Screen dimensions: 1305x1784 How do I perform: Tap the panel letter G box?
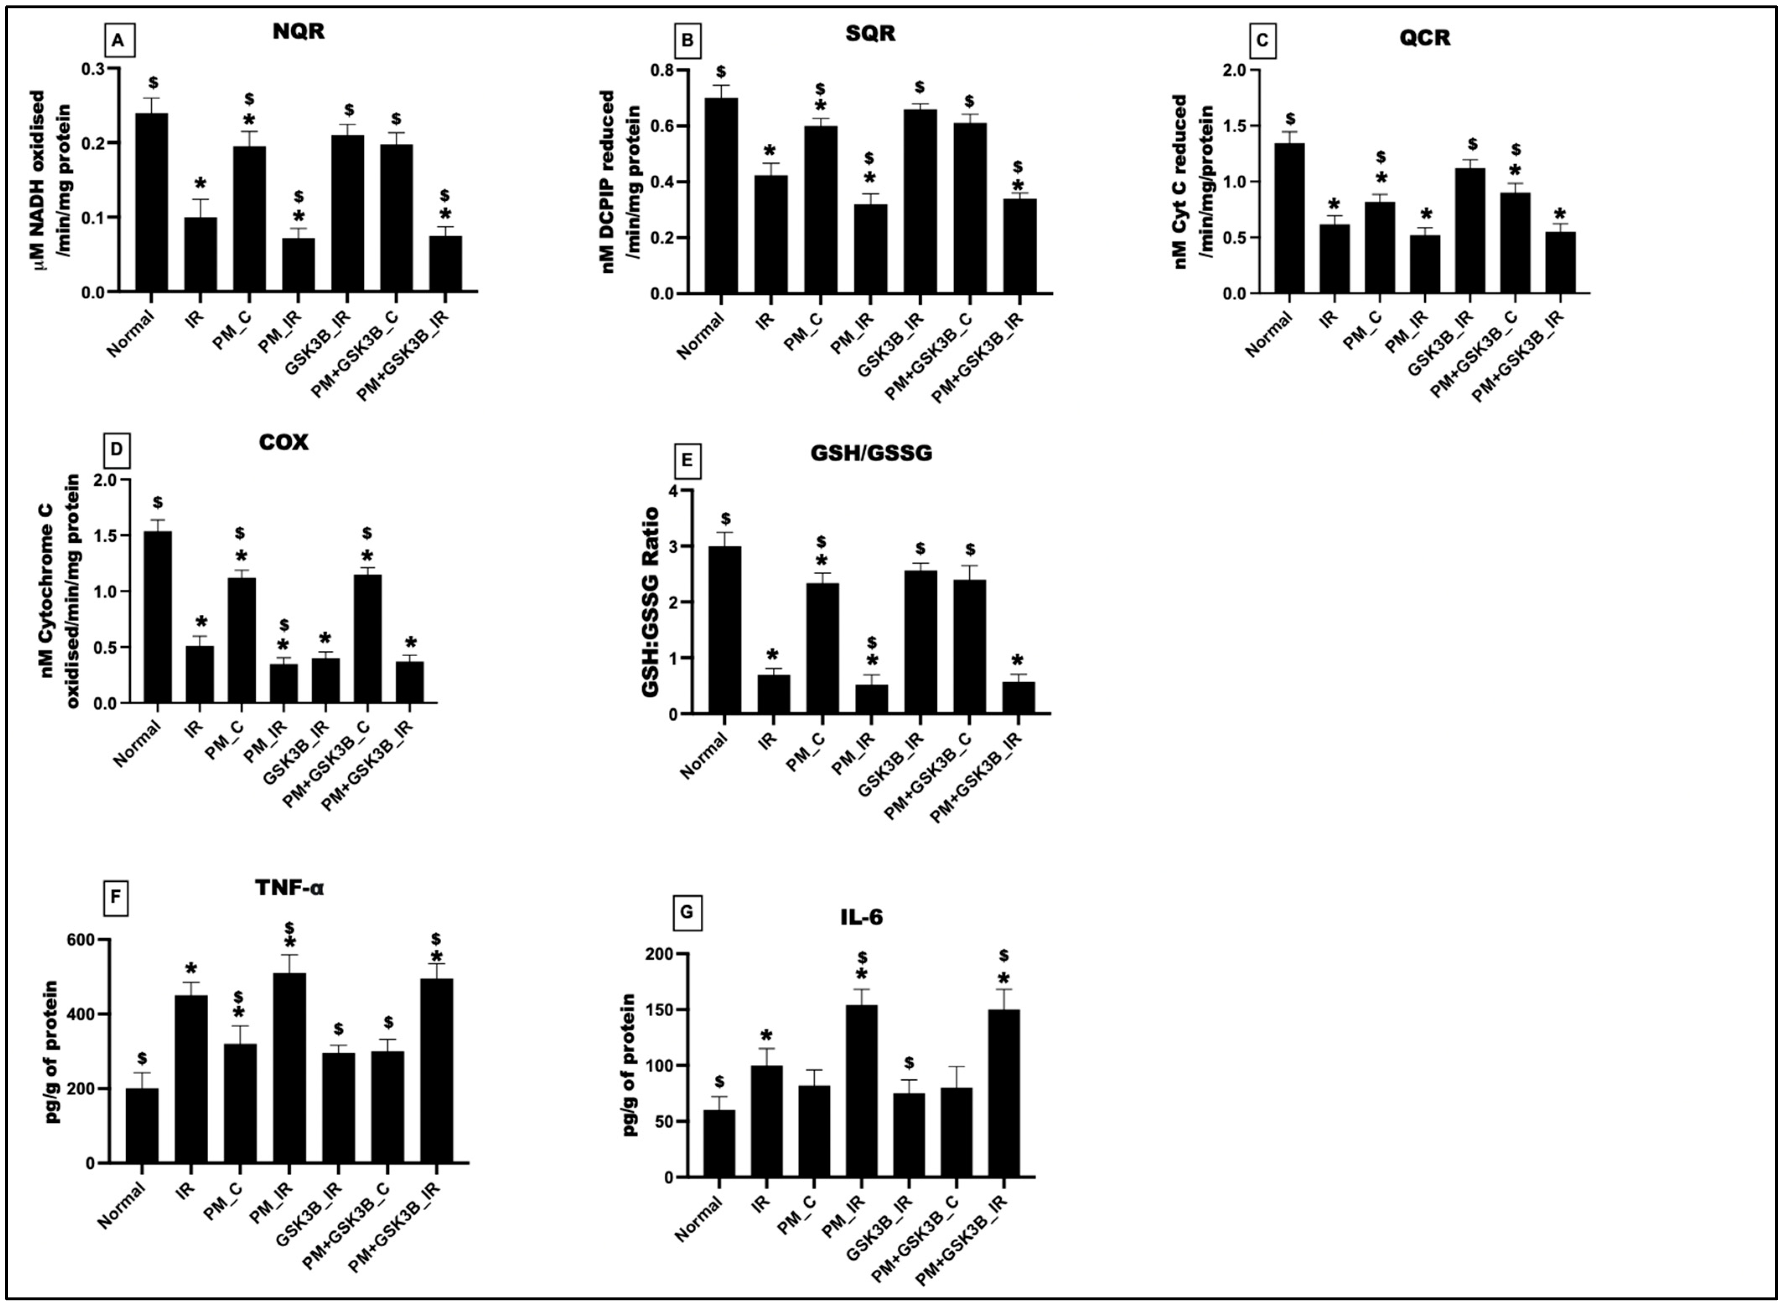686,913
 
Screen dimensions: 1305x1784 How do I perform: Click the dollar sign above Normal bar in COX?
158,502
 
